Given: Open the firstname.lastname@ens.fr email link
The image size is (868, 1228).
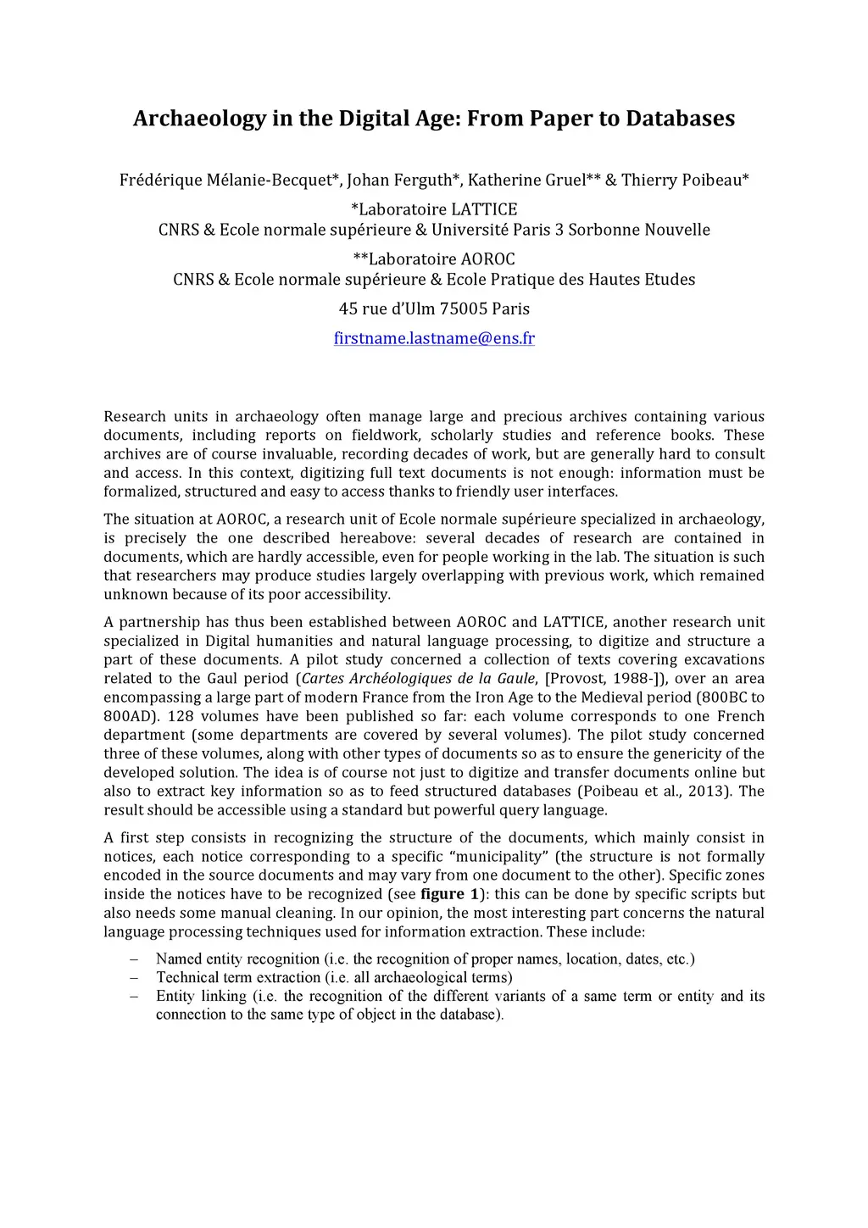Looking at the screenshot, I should coord(434,338).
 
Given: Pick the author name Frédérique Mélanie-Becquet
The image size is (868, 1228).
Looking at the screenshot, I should coord(227,180).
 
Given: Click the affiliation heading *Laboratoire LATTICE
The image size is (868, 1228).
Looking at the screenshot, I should coord(434,209).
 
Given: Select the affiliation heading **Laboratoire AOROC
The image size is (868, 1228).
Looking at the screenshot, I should coord(434,259).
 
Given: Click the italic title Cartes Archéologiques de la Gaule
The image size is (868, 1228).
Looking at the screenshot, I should coord(419,678).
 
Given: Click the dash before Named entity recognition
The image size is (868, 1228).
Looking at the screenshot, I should coord(134,959).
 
